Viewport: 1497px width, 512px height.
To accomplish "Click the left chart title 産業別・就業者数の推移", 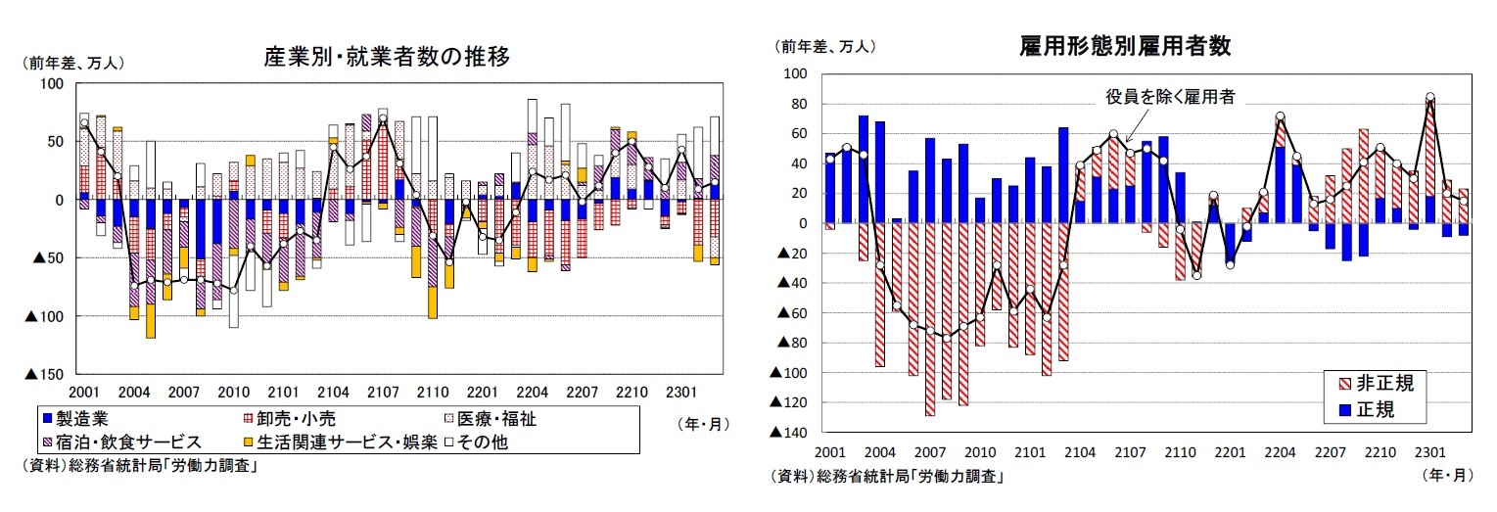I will pos(387,55).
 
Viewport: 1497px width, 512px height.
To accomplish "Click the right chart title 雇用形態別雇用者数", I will pos(1124,45).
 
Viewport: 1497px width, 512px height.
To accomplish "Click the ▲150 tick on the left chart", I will pos(43,374).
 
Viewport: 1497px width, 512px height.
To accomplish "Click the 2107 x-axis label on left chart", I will pos(383,393).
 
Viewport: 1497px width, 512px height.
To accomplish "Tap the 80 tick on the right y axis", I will pos(797,104).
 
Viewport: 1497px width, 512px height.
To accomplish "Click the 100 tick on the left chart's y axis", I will pos(50,84).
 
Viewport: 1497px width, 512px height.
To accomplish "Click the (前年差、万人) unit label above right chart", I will pos(825,46).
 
